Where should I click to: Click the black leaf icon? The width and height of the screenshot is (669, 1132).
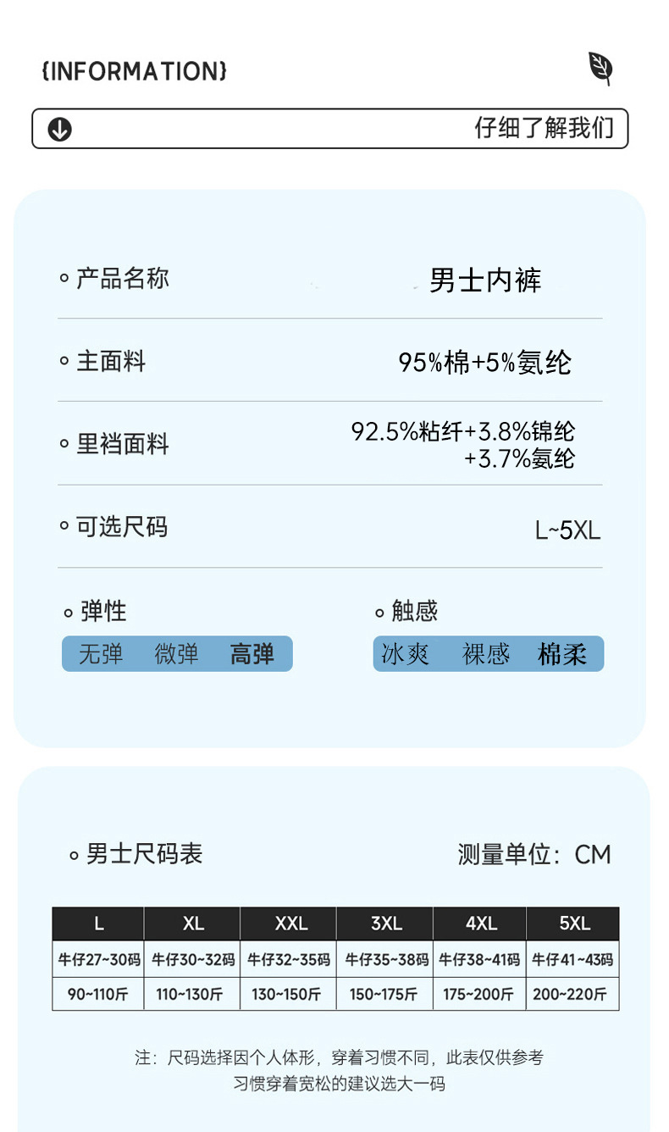tap(600, 68)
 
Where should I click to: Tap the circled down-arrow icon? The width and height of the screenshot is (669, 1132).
tap(60, 130)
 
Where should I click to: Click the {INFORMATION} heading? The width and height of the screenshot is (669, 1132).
tap(134, 71)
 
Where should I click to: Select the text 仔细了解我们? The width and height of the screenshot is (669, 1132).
tap(544, 128)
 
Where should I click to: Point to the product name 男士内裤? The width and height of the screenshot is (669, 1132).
tap(485, 280)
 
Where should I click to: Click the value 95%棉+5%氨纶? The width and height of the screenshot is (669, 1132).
tap(485, 363)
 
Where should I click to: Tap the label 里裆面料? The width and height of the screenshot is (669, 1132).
tap(122, 444)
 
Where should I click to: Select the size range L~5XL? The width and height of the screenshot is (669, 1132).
tap(567, 530)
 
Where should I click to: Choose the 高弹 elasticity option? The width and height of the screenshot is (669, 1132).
tap(252, 654)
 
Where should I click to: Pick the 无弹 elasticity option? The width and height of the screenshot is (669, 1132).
tap(101, 654)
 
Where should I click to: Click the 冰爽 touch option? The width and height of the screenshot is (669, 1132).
tap(406, 654)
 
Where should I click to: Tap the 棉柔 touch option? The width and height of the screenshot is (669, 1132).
tap(562, 654)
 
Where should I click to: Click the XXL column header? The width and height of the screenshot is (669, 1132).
tap(290, 924)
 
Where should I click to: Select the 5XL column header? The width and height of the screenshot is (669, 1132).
tap(574, 924)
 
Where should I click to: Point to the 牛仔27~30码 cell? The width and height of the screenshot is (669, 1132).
tap(98, 960)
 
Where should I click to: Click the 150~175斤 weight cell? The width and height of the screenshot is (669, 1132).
tap(384, 994)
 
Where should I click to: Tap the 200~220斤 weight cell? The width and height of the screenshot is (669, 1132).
tap(573, 994)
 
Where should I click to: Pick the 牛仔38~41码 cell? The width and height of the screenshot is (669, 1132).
tap(479, 960)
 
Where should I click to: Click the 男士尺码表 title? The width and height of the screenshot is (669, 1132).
tap(144, 853)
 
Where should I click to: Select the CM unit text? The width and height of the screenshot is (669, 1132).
tap(593, 854)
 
